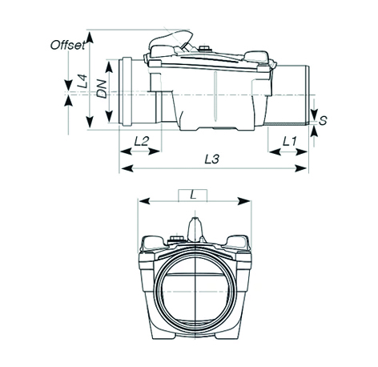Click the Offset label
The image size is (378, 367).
click(68, 45)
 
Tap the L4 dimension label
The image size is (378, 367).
click(82, 81)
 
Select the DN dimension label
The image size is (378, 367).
click(102, 89)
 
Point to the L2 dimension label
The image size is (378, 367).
click(141, 141)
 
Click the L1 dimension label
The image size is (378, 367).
click(290, 141)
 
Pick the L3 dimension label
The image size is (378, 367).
click(212, 159)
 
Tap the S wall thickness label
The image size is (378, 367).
click(323, 120)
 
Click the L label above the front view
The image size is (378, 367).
click(193, 196)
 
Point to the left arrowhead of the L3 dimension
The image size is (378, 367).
click(127, 168)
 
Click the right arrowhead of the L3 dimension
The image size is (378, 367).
click(301, 168)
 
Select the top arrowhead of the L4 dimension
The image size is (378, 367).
click(90, 37)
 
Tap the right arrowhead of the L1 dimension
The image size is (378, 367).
click(301, 152)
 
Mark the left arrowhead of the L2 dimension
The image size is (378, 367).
click(127, 151)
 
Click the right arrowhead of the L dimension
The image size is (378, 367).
click(244, 201)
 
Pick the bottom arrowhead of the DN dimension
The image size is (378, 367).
click(109, 116)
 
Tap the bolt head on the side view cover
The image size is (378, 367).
click(204, 48)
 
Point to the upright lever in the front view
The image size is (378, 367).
click(195, 229)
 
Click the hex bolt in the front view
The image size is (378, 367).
click(176, 238)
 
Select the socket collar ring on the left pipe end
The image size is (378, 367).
click(126, 91)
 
